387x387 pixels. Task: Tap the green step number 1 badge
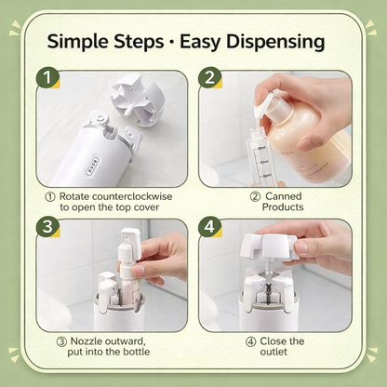(x=46, y=81)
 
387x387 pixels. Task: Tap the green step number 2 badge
(x=210, y=81)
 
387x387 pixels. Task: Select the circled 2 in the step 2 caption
(x=254, y=196)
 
